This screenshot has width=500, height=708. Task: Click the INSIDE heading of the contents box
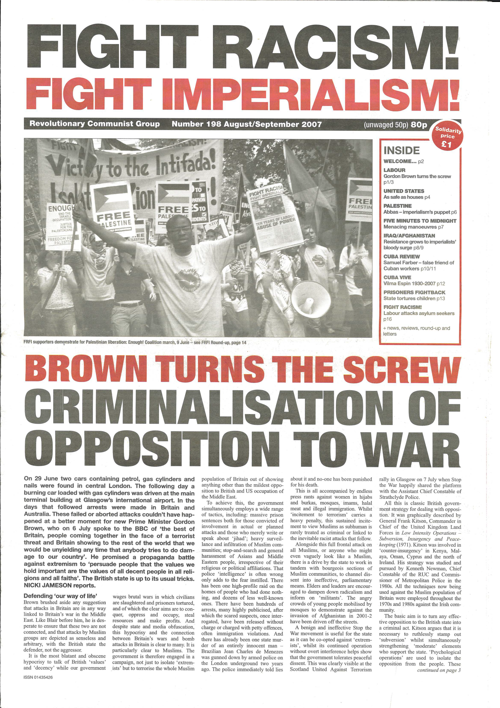(401, 150)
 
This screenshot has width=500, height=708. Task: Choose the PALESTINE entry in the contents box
(398, 206)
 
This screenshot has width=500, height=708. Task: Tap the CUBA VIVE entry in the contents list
(397, 277)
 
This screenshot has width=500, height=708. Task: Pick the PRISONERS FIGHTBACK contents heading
(414, 292)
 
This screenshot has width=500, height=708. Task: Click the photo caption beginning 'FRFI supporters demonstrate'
(135, 342)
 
